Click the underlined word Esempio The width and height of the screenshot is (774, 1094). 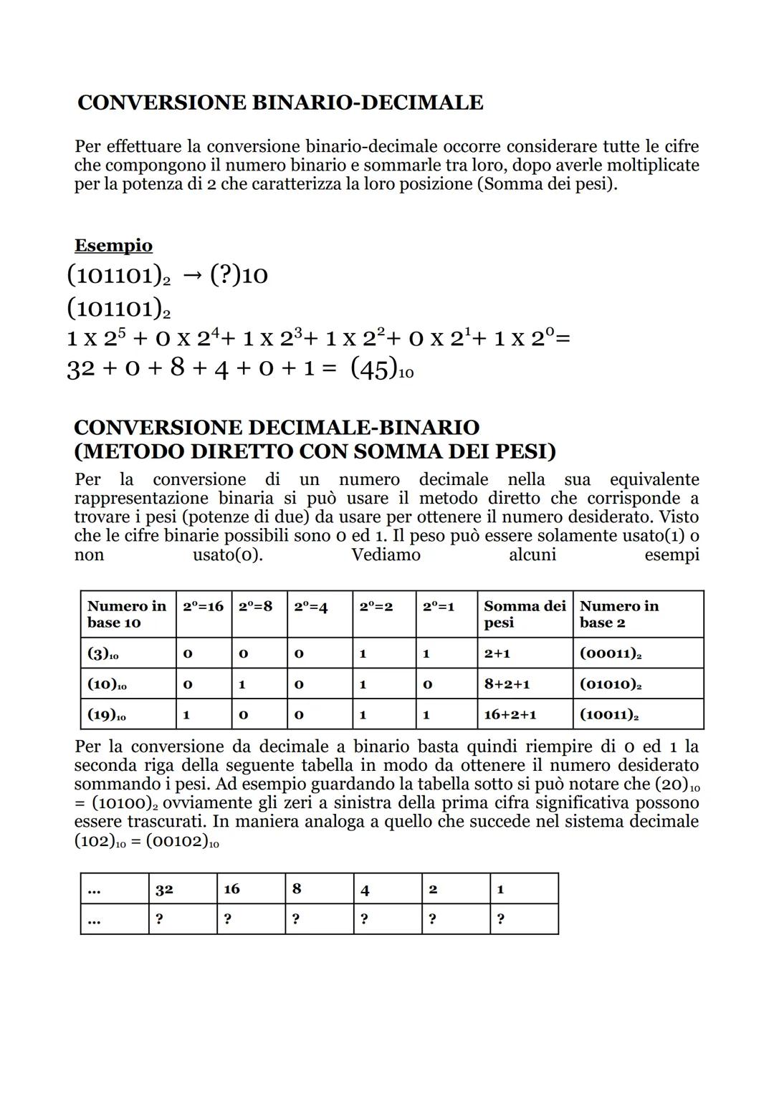(113, 246)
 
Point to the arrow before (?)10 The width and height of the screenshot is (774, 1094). (192, 275)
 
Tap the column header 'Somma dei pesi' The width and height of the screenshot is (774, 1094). (524, 614)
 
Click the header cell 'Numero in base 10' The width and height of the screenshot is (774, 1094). (126, 614)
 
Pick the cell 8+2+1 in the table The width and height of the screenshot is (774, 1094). (507, 684)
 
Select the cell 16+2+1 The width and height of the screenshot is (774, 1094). (510, 714)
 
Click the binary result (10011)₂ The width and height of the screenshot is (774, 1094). (609, 715)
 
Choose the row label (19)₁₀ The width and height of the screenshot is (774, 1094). (107, 715)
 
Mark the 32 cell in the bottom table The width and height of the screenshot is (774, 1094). (164, 889)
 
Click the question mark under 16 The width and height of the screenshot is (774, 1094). (227, 919)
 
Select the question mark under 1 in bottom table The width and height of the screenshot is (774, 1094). (500, 919)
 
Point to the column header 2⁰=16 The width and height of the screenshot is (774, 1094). (203, 606)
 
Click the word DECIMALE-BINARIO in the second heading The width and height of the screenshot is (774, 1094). (363, 428)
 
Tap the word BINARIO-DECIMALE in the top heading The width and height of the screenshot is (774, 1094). (368, 102)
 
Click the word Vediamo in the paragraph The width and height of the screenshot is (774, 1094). (386, 555)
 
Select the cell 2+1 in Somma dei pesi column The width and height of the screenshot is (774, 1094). (497, 653)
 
